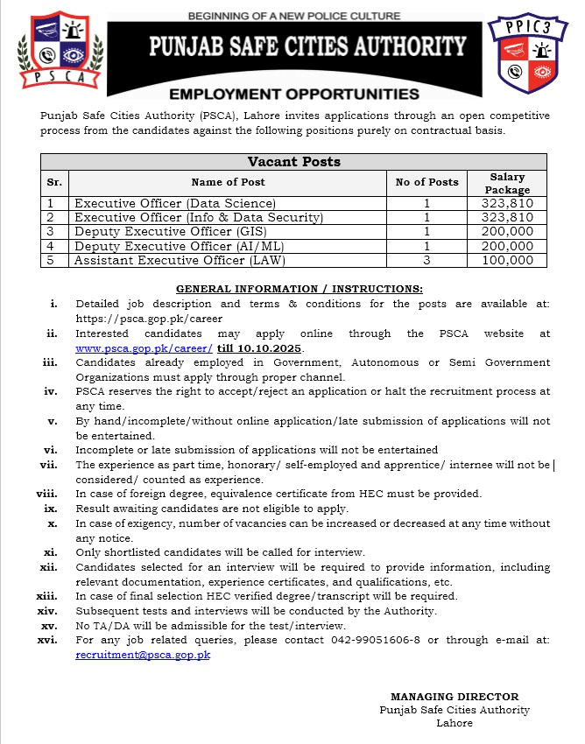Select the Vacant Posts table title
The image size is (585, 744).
[x=294, y=162]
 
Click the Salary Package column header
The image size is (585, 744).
[x=509, y=182]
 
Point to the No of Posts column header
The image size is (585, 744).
[x=426, y=182]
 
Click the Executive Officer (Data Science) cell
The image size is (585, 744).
[x=175, y=203]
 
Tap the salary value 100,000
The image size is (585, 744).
[x=509, y=260]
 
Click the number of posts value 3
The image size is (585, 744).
[x=426, y=260]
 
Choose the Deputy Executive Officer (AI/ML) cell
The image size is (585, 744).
[x=166, y=246]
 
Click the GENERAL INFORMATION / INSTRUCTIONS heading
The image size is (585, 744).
[x=300, y=289]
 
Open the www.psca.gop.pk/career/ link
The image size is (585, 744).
[x=144, y=347]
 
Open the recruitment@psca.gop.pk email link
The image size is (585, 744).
[x=143, y=654]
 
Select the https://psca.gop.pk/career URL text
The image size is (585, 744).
[x=149, y=319]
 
